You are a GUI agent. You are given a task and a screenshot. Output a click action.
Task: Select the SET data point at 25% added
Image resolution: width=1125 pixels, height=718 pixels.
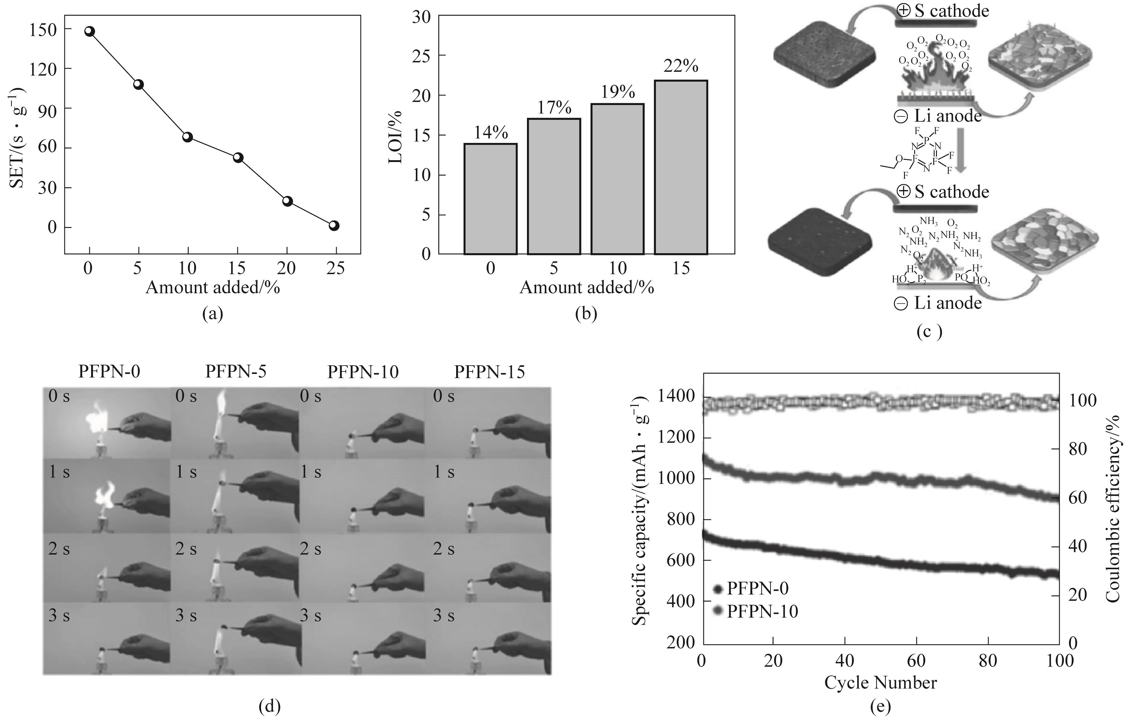click(x=334, y=225)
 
